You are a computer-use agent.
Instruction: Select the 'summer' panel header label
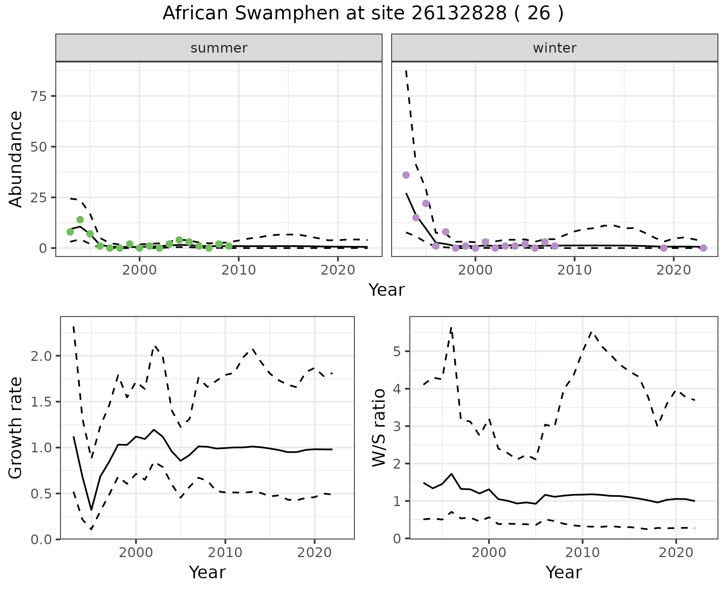219,48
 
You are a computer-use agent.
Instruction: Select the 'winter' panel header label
554,48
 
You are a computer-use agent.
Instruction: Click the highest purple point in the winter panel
406,175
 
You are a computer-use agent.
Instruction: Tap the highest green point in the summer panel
80,220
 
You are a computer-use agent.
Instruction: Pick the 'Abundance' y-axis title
16,159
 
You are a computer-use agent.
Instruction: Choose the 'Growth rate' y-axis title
16,428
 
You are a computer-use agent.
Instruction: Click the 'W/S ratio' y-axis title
379,428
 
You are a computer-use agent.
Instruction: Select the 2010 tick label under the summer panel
239,270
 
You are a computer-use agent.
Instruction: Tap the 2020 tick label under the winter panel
674,270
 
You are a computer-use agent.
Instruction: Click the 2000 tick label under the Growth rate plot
136,553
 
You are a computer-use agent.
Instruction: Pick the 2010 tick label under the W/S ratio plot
582,553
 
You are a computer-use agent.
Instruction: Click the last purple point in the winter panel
703,248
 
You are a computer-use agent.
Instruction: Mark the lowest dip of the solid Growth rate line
91,510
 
